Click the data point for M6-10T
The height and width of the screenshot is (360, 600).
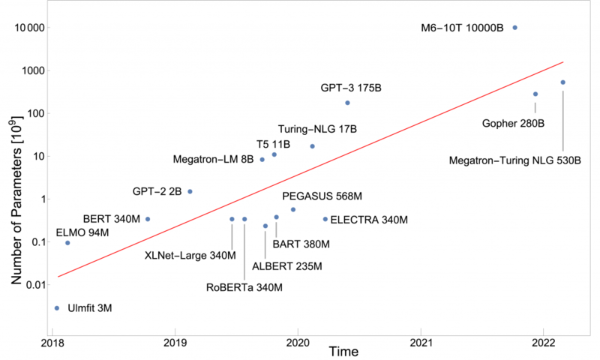point(514,28)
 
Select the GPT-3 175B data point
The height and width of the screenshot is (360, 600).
point(347,103)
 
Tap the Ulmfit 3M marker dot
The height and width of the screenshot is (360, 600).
point(57,307)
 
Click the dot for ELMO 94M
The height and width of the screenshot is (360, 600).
point(67,243)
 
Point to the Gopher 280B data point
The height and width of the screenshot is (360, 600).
point(535,94)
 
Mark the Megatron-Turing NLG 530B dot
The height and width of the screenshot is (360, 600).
point(563,82)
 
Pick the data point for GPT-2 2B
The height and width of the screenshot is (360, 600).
point(190,191)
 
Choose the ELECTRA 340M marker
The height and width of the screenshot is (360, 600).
point(325,219)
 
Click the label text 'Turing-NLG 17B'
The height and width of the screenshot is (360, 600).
point(317,129)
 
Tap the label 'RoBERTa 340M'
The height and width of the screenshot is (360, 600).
point(245,287)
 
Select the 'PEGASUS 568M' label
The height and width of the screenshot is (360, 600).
point(322,196)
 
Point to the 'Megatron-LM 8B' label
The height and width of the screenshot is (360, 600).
point(213,160)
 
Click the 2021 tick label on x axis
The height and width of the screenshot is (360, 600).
point(421,340)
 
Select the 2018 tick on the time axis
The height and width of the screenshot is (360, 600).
point(52,340)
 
